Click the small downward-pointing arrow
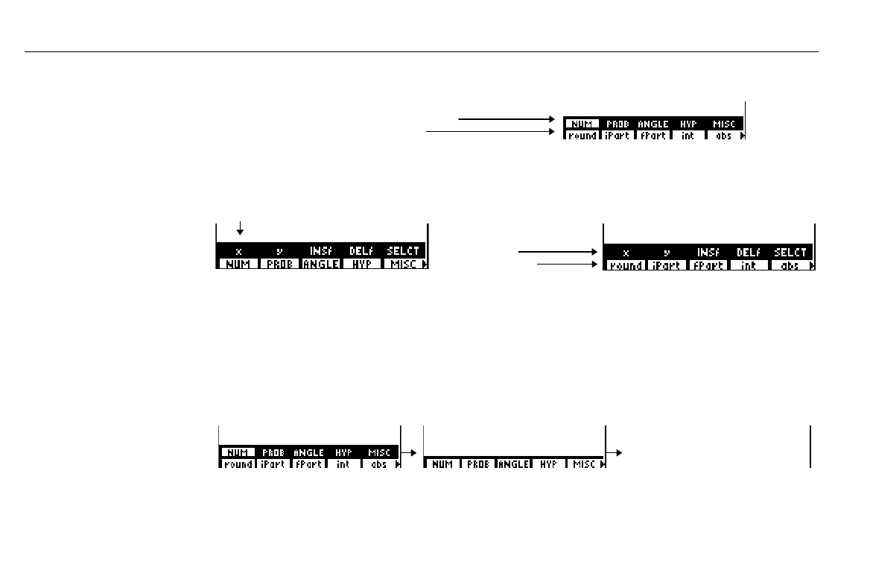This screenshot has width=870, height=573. coord(240,228)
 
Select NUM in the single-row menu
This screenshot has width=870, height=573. coord(442,464)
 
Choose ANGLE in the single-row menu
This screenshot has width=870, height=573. coord(513,464)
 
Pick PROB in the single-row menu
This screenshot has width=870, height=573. coord(478,464)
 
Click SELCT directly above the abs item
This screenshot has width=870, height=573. coord(790,253)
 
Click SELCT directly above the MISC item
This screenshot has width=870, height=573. coord(403,251)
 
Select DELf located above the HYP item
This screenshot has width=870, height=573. coord(361,251)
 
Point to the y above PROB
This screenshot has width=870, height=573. coord(279,251)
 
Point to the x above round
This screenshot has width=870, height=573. coord(626,253)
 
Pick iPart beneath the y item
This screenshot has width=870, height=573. coord(666,265)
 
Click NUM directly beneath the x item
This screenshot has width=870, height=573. coord(238,264)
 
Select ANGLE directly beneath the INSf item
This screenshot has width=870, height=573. coord(320,264)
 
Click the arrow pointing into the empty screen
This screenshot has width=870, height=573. coord(614,452)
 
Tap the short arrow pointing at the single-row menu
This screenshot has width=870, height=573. coord(408,452)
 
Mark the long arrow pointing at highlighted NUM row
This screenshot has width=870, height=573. coord(507,118)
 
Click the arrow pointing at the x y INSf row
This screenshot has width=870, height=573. coord(559,253)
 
